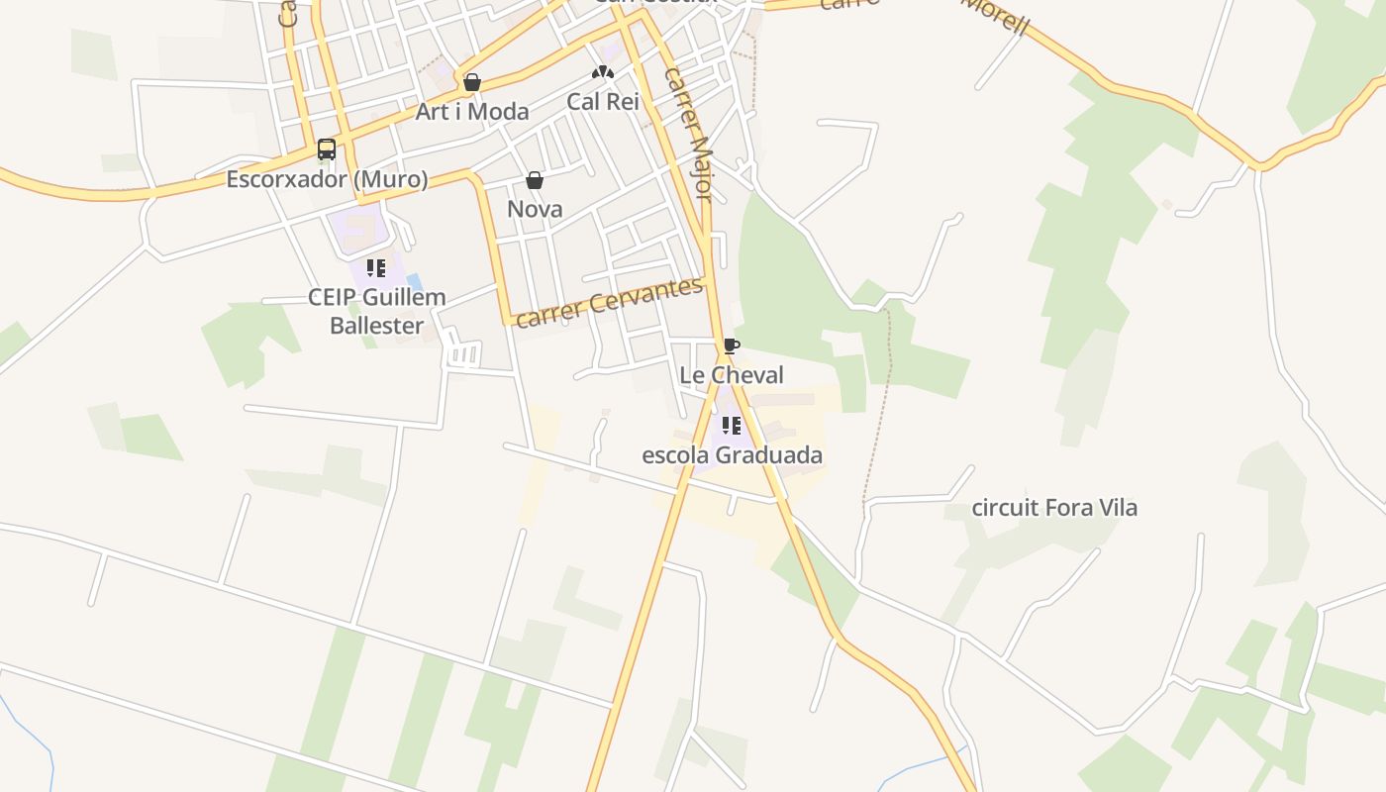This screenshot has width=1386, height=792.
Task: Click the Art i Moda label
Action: click(472, 112)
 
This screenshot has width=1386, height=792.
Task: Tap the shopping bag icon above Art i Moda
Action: click(472, 82)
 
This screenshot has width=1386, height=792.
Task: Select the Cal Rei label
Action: click(603, 101)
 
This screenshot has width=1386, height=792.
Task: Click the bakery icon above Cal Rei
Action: click(603, 72)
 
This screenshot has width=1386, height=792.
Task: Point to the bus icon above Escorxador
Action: click(327, 149)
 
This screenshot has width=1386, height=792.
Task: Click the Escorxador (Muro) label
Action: click(327, 179)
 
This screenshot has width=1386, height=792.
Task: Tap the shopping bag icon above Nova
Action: click(535, 180)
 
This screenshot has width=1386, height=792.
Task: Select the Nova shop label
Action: click(535, 209)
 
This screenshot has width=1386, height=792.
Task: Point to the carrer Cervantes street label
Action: click(609, 302)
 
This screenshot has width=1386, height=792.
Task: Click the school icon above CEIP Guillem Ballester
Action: click(376, 267)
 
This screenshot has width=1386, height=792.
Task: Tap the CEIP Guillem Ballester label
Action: click(376, 311)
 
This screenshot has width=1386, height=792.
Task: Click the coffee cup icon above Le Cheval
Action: click(731, 346)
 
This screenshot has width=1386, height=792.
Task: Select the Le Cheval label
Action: click(732, 375)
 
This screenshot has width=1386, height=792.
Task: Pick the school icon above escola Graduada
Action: click(732, 426)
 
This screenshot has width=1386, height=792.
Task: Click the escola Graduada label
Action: click(732, 455)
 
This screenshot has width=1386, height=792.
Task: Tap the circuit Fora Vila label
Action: click(1054, 508)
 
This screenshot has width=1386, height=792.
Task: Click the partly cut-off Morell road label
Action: click(995, 15)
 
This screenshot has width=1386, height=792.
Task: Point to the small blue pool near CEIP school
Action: click(414, 282)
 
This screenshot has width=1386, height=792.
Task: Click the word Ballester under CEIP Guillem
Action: click(376, 326)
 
